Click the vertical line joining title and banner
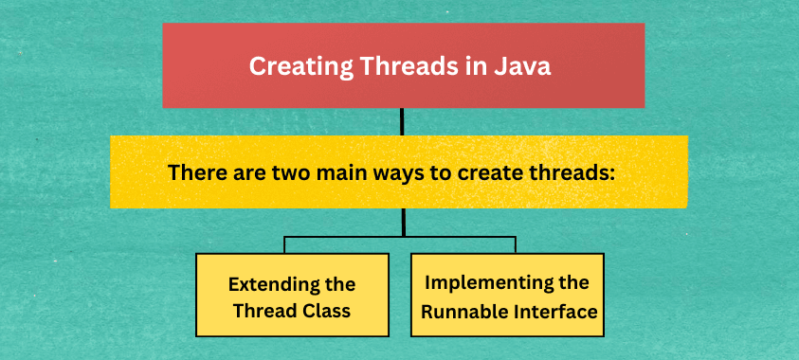(403, 121)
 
